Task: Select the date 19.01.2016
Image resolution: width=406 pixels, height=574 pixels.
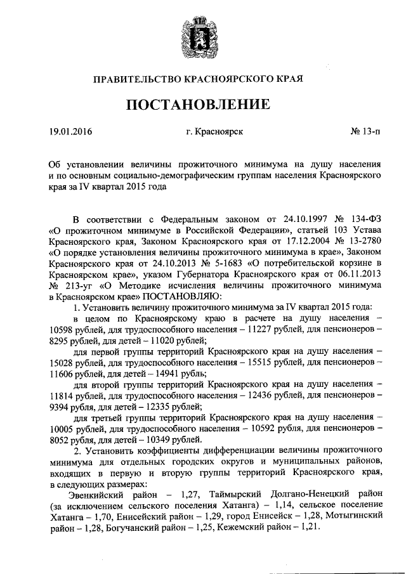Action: tap(70, 133)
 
